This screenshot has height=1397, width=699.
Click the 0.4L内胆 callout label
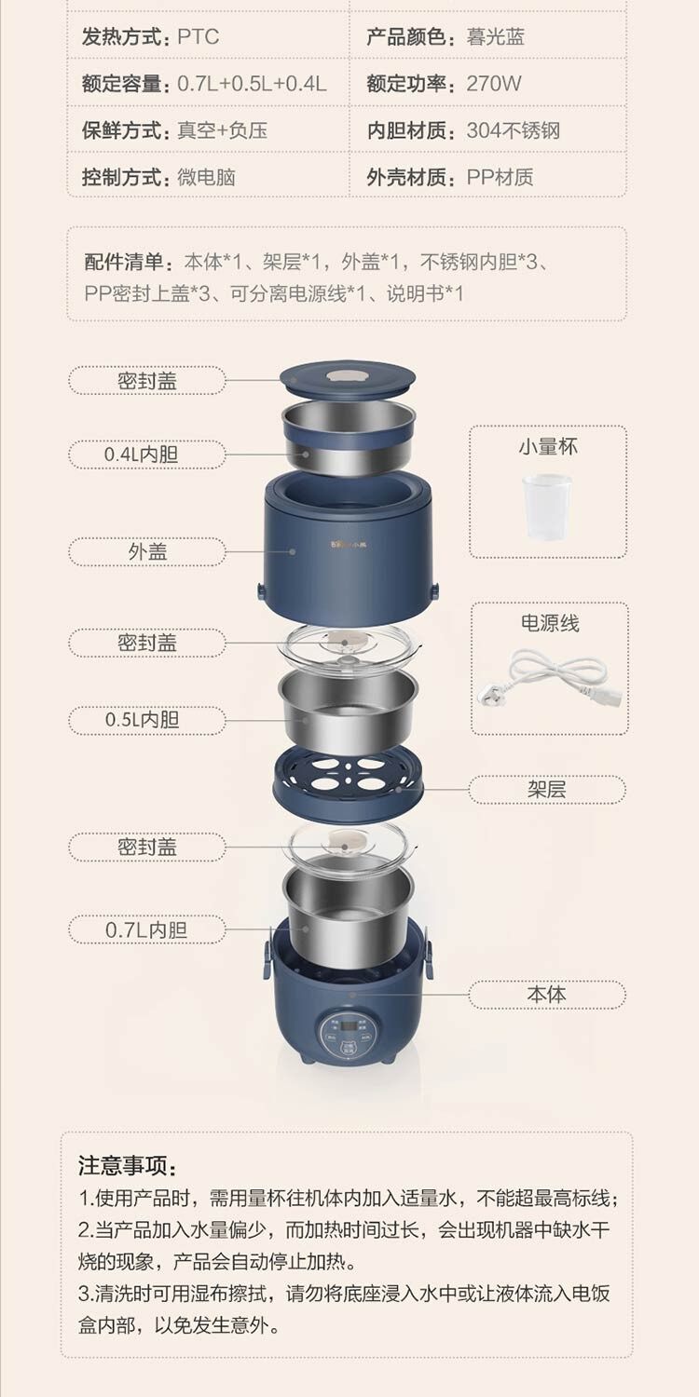(146, 454)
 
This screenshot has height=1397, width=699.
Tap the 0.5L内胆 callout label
(146, 720)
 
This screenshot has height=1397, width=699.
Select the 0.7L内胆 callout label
(146, 929)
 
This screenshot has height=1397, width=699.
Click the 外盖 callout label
(146, 552)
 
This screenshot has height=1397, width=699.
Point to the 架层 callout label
(547, 790)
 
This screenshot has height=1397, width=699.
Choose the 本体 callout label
(547, 994)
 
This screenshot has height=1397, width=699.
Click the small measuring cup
(547, 506)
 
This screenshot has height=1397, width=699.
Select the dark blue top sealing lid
(347, 378)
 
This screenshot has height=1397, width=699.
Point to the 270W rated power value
(494, 83)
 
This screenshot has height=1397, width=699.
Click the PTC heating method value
(199, 37)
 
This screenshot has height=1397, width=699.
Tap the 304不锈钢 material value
(513, 130)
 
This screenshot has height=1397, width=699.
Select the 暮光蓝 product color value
(495, 37)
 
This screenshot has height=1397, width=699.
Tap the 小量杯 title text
(548, 446)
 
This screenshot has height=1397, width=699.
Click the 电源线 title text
(550, 622)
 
